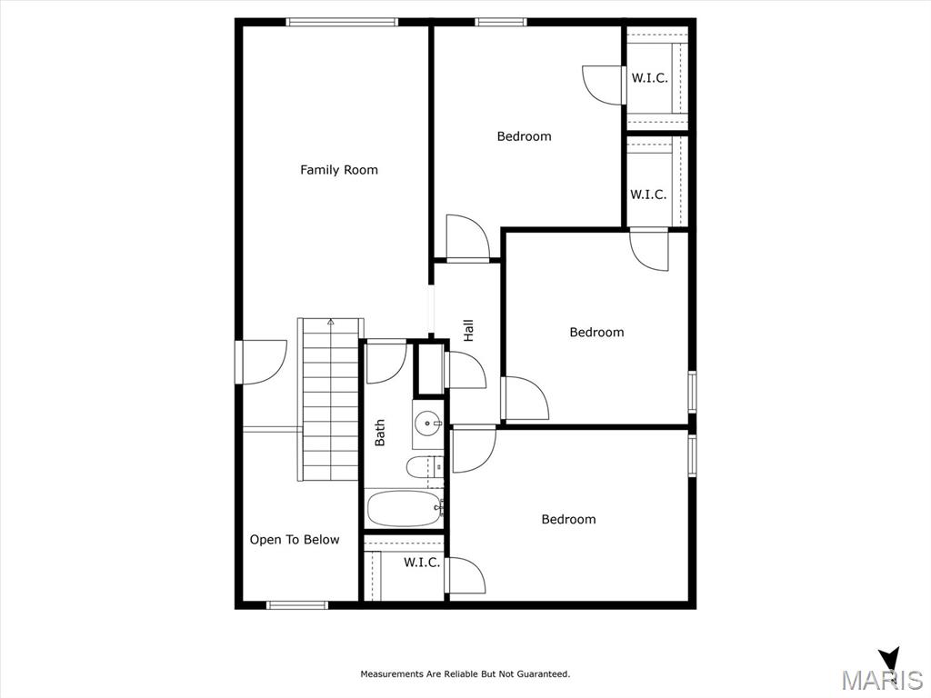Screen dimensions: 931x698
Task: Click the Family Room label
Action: point(339,170)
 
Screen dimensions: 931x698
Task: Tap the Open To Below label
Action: point(295,540)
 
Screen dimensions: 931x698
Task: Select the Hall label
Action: point(468,330)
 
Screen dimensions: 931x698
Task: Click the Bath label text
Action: point(379,433)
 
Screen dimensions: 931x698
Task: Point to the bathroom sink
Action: point(428,424)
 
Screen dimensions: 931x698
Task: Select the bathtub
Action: point(405,509)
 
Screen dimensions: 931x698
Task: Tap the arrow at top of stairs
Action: point(331,323)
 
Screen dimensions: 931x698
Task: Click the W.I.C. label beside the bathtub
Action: point(422,562)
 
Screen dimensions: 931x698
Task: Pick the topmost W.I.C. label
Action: point(649,78)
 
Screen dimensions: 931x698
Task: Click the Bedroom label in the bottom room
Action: point(569,519)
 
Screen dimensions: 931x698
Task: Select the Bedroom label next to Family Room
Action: point(525,136)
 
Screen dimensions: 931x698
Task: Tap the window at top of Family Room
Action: point(342,22)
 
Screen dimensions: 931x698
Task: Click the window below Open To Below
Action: point(297,605)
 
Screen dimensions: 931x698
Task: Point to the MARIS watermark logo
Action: point(882,672)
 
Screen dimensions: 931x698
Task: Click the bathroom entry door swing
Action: point(385,362)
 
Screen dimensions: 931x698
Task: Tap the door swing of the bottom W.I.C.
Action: point(465,575)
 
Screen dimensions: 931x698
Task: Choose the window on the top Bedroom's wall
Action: point(501,22)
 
